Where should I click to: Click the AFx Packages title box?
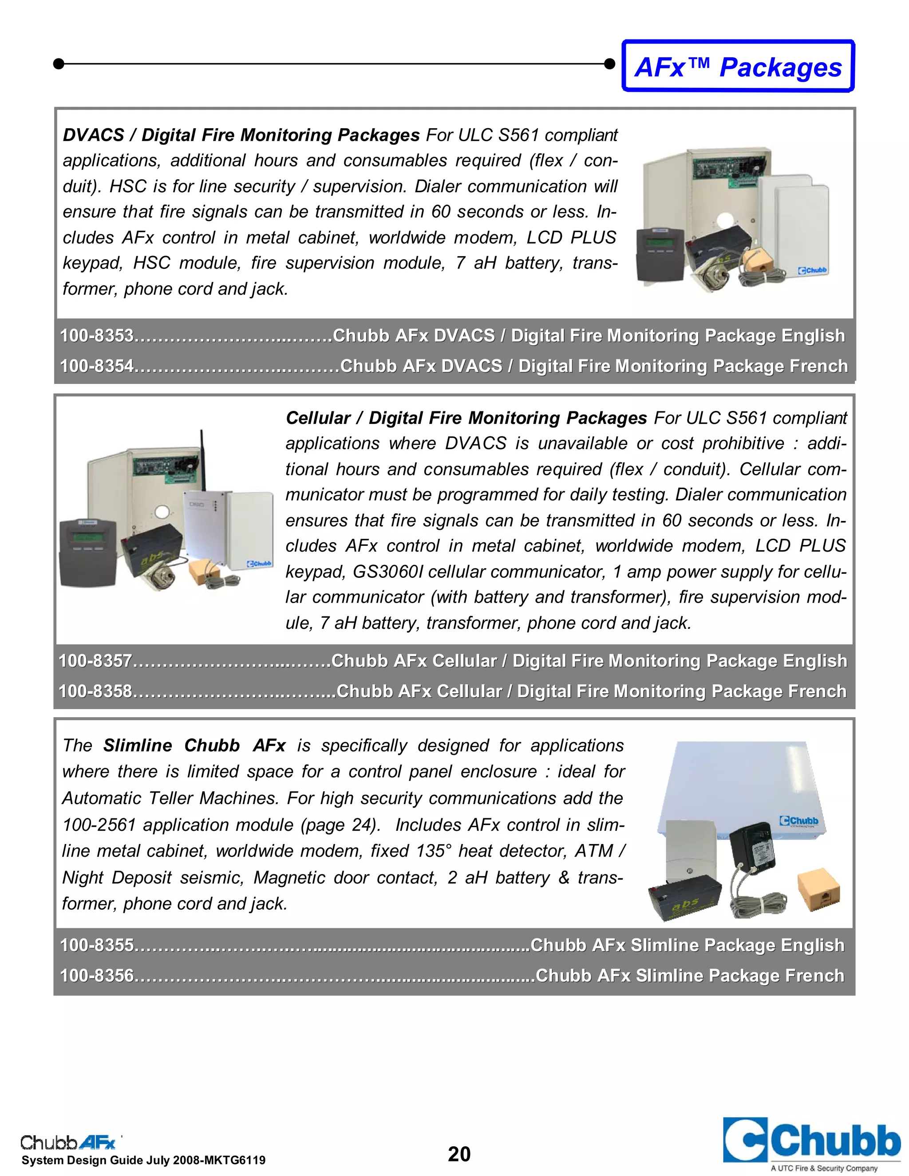[x=738, y=66]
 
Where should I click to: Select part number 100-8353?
[x=97, y=335]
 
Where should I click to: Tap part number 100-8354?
[x=97, y=366]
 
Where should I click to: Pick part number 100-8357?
[x=95, y=661]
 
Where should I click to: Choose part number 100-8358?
[x=95, y=691]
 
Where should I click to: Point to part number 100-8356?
[x=97, y=976]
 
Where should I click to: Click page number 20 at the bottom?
[x=459, y=1154]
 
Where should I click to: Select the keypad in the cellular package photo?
[x=88, y=552]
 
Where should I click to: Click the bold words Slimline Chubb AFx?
[x=194, y=746]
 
